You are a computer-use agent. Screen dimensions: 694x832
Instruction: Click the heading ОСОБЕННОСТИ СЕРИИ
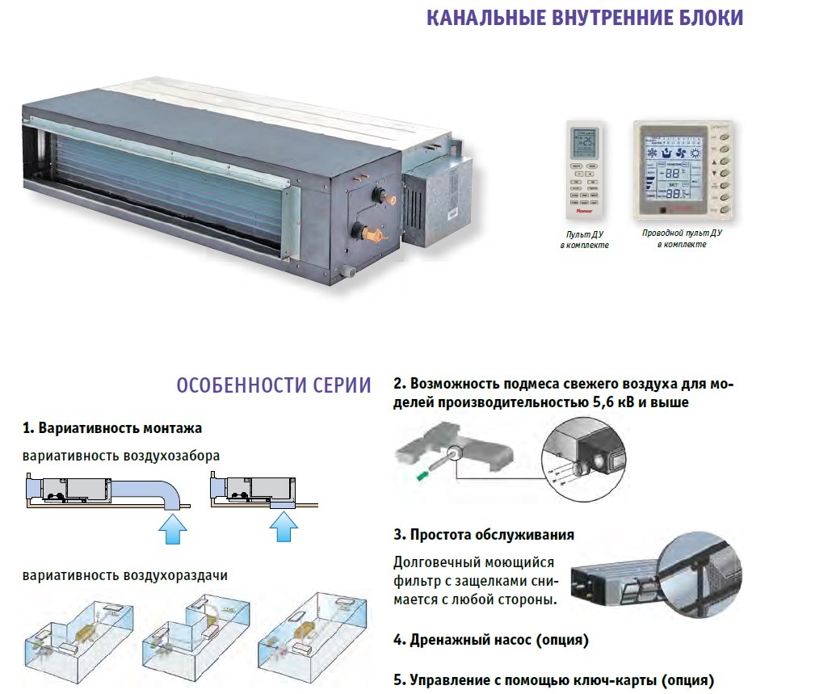(x=274, y=385)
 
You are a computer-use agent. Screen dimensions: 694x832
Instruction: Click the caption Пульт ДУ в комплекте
(x=584, y=238)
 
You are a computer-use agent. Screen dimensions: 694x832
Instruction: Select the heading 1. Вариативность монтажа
(x=112, y=427)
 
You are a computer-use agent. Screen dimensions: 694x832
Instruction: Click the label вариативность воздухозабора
(x=121, y=456)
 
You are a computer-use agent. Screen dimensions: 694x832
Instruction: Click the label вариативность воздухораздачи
(x=125, y=575)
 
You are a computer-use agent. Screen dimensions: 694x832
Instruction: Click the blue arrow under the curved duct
(x=170, y=530)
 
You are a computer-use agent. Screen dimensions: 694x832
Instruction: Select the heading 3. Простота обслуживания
(x=484, y=535)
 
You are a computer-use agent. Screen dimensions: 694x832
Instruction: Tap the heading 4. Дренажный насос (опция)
(x=490, y=640)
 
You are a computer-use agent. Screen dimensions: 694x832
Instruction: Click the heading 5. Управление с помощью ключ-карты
(x=553, y=680)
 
